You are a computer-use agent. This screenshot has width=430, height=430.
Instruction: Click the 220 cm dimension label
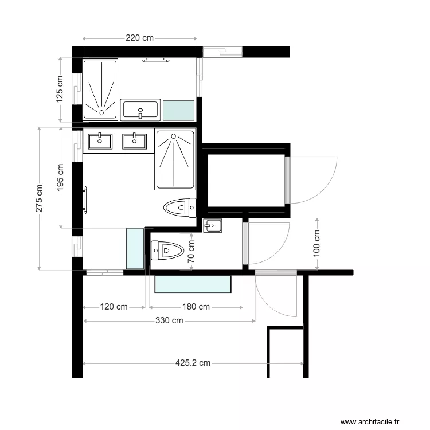pos(140,38)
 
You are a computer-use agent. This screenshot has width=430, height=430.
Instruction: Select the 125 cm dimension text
pos(60,89)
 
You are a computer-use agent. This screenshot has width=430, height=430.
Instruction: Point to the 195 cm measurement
pos(61,177)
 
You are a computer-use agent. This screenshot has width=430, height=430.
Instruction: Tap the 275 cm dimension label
pos(39,198)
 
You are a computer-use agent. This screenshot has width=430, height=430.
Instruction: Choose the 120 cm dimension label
pos(114,307)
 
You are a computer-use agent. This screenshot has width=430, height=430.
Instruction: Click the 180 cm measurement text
pos(196,307)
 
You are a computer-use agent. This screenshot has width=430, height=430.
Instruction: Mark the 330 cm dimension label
pos(169,320)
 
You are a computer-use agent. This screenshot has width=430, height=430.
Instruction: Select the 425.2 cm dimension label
pos(193,363)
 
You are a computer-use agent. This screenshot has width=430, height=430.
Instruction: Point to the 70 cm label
pos(191,251)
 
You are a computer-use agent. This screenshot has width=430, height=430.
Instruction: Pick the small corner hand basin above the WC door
pos(212,225)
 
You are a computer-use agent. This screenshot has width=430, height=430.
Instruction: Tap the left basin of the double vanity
pos(101,140)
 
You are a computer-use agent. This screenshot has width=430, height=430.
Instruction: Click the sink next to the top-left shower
pos(140,109)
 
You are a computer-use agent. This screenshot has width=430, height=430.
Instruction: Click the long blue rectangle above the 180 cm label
pos(193,284)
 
